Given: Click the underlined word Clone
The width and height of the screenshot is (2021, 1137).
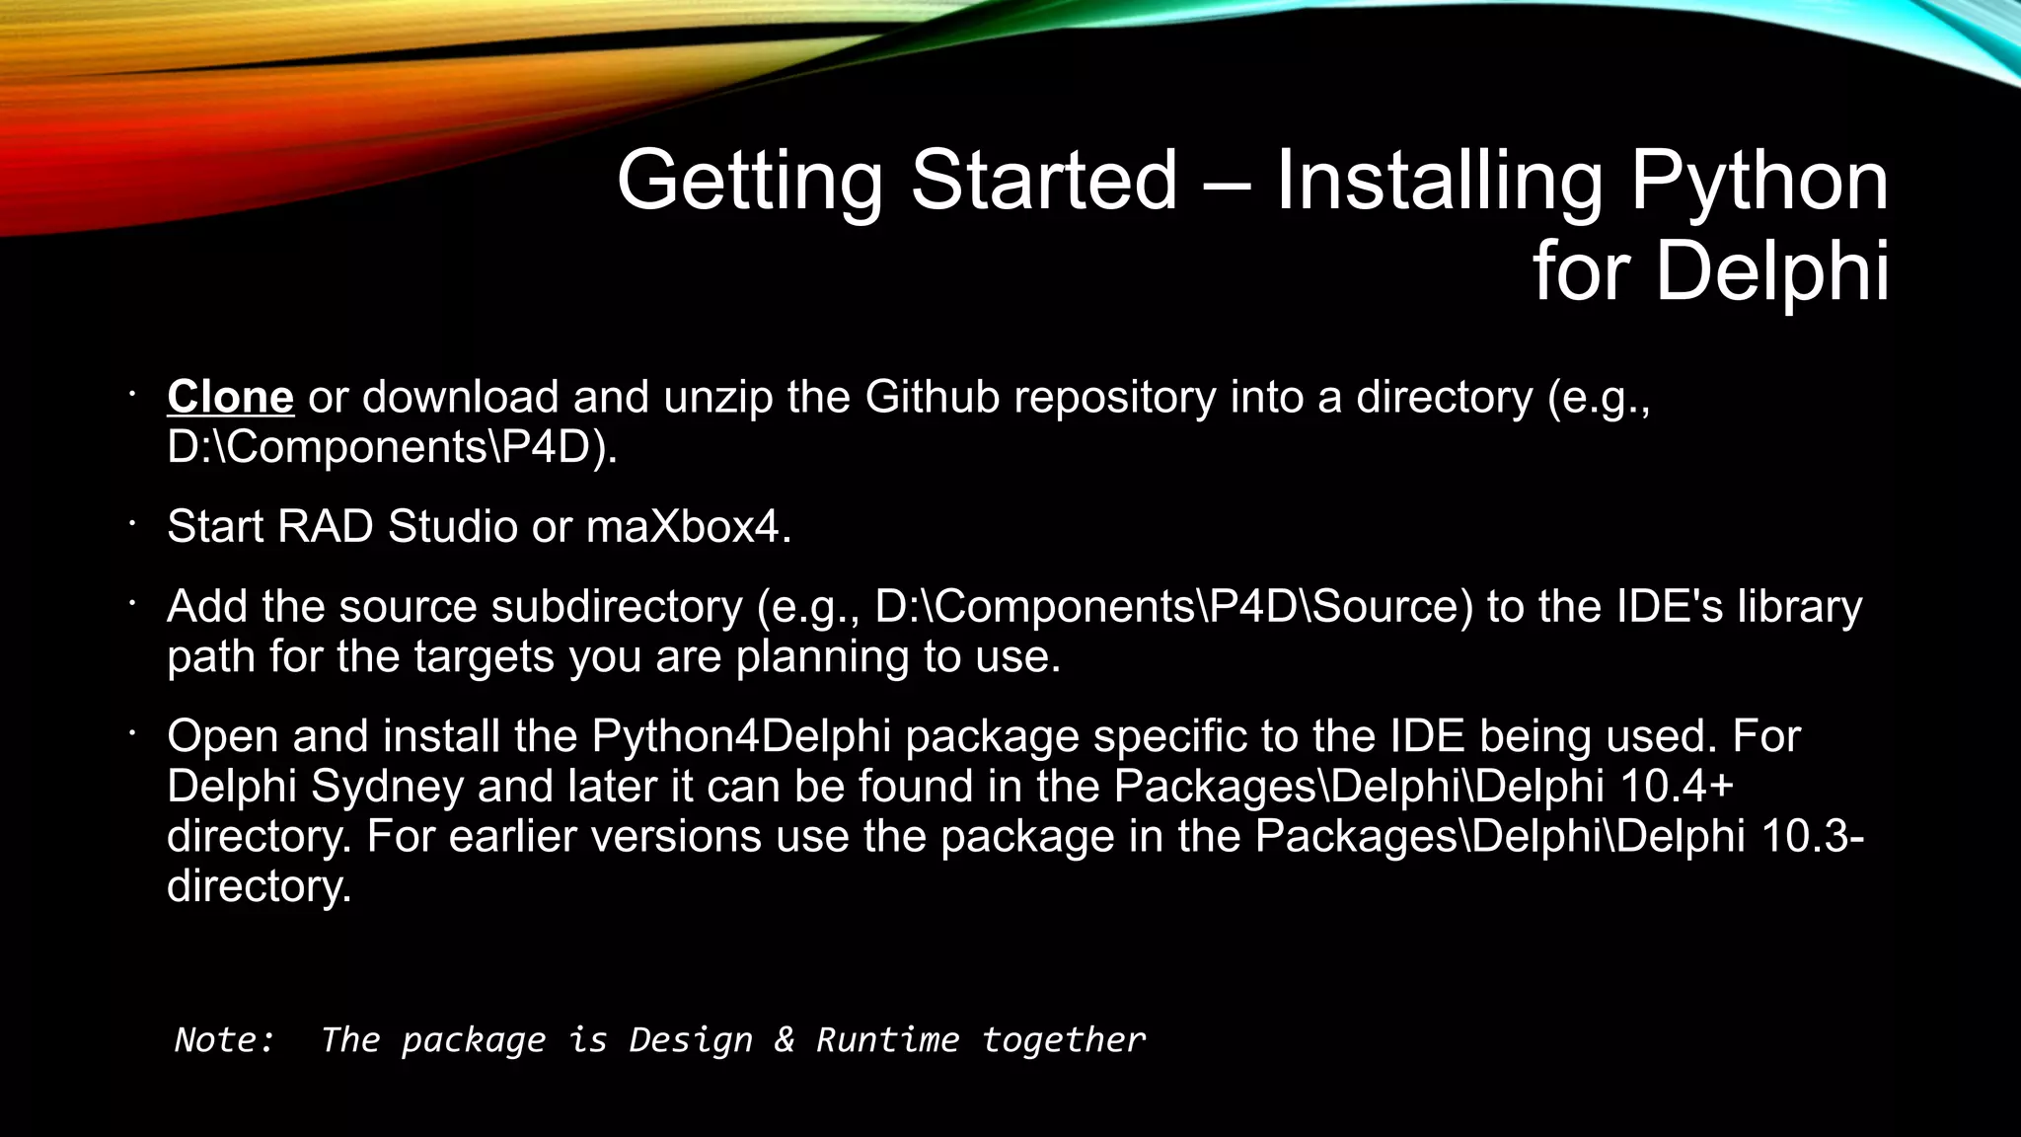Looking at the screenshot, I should [x=230, y=397].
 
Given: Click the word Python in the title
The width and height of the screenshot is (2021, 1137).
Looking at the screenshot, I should [x=1759, y=181].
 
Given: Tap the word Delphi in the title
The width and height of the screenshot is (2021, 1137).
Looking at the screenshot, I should [x=1772, y=270].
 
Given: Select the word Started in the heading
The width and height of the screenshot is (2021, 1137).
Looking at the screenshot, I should [x=1043, y=181].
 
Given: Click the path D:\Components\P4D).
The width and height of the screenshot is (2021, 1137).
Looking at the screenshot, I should [x=392, y=447].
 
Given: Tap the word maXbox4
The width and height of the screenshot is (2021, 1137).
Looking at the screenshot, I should [x=688, y=526].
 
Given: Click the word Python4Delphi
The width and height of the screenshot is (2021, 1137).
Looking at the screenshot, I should [x=741, y=736].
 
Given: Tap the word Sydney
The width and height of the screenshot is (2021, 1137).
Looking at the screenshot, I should [x=387, y=787].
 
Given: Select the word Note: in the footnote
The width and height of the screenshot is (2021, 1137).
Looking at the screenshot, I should [x=225, y=1039].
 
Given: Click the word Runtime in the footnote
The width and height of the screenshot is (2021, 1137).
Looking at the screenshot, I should [x=886, y=1039].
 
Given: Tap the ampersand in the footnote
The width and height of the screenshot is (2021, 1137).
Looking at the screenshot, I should [x=784, y=1039].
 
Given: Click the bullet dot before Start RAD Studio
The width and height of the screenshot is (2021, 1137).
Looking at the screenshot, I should [x=129, y=523].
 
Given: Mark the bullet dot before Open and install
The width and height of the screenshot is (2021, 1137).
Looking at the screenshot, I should [x=129, y=732].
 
